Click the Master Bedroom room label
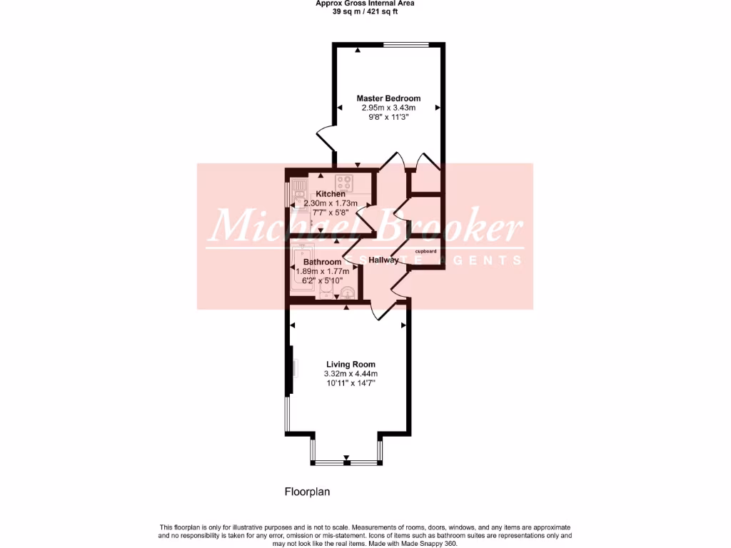point(388,98)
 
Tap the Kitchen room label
point(331,194)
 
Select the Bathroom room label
point(322,262)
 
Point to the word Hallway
point(383,260)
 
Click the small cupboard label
point(425,251)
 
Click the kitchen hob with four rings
point(345,181)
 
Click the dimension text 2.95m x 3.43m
point(388,108)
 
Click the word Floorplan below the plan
point(307,491)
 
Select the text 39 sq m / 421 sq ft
point(365,11)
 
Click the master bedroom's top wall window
point(407,45)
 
